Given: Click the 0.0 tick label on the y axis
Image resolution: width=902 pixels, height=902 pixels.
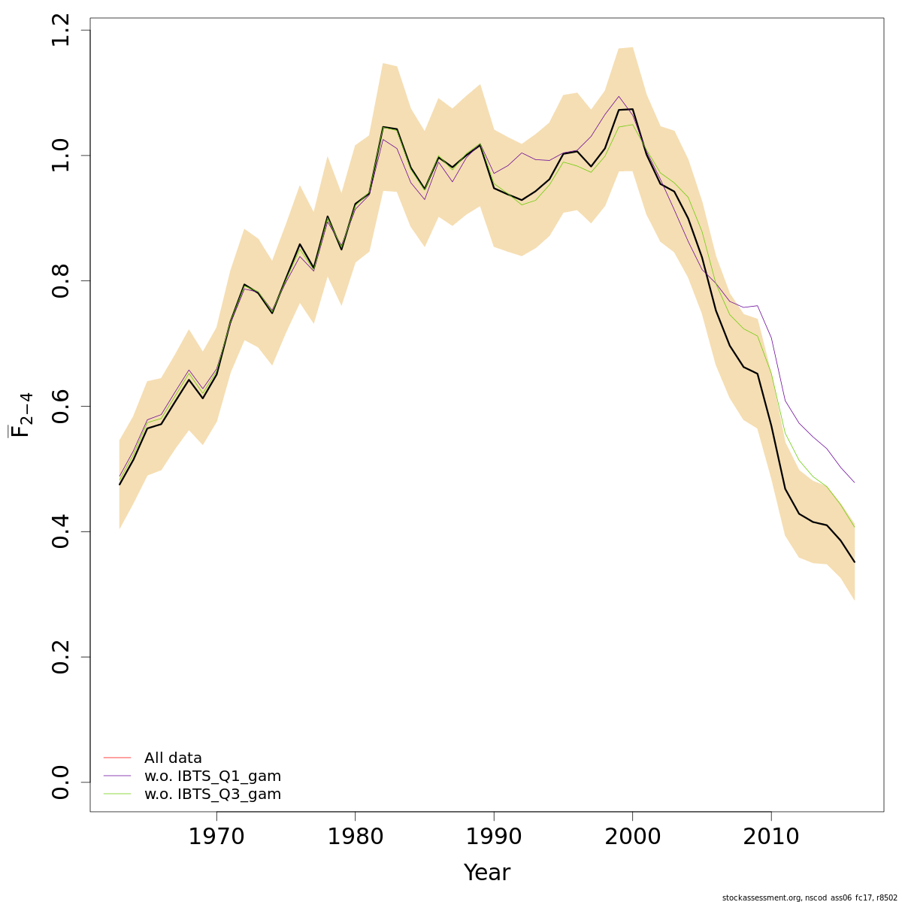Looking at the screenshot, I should [x=62, y=782].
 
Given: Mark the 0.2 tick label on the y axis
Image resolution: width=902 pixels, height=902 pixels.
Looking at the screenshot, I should [x=62, y=657].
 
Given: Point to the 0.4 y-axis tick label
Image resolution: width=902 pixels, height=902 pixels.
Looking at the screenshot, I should [x=62, y=531].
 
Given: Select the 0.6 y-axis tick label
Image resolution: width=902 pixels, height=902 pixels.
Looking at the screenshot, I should [x=62, y=406].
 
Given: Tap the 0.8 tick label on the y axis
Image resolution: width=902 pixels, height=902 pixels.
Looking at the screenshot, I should [x=62, y=280].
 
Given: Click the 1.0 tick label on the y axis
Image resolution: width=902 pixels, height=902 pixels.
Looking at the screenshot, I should [x=62, y=156].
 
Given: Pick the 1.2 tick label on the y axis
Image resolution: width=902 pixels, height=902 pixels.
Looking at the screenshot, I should [x=62, y=30].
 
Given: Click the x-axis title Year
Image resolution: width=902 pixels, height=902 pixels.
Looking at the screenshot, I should [x=487, y=873].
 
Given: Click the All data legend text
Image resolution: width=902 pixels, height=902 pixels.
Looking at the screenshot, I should [x=173, y=758].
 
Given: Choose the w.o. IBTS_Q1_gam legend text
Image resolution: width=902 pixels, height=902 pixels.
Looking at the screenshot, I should [x=213, y=776].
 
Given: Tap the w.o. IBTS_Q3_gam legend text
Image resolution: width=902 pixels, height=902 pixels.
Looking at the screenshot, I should [x=213, y=795].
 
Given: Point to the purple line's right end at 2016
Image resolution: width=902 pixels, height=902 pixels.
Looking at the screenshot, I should [x=855, y=483].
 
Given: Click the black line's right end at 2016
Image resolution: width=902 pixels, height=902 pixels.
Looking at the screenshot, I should [x=855, y=562].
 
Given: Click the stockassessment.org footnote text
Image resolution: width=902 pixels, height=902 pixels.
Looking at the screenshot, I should [x=810, y=897].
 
